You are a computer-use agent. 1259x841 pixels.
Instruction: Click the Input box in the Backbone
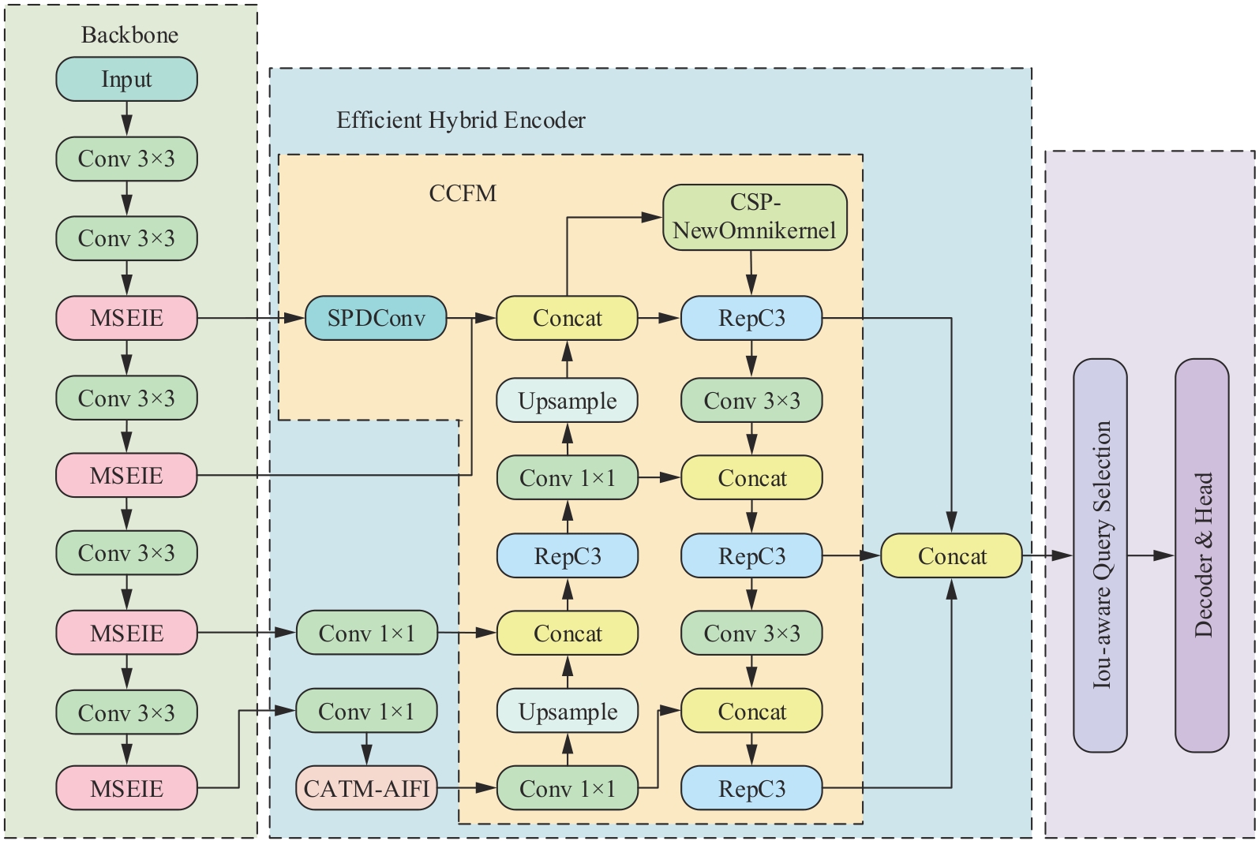126,79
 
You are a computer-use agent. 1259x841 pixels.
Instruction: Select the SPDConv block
376,318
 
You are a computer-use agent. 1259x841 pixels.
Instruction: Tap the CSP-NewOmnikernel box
755,217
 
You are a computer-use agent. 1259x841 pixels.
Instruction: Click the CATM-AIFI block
366,788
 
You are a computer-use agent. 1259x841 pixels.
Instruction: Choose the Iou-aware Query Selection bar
1100,555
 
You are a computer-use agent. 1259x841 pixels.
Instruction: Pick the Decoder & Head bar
1202,555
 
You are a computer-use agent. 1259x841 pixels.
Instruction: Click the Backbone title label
129,35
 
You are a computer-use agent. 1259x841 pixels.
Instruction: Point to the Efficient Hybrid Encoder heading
461,120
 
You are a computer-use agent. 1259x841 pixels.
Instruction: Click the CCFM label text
463,193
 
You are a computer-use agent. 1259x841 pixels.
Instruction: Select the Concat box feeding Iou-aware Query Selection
951,556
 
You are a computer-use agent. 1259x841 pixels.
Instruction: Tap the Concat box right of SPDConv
567,318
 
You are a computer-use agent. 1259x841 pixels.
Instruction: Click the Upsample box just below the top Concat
567,401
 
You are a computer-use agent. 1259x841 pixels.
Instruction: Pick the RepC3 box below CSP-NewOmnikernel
751,318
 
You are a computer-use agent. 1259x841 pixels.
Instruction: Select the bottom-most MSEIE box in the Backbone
126,788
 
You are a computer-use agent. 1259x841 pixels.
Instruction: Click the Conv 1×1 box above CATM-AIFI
366,712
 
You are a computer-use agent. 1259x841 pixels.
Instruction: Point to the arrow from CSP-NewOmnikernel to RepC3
751,273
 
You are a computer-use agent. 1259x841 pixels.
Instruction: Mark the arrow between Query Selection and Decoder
1151,555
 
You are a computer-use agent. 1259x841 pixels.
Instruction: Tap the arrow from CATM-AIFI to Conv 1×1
467,788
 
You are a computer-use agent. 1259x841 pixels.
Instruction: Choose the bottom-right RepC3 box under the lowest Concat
751,788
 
